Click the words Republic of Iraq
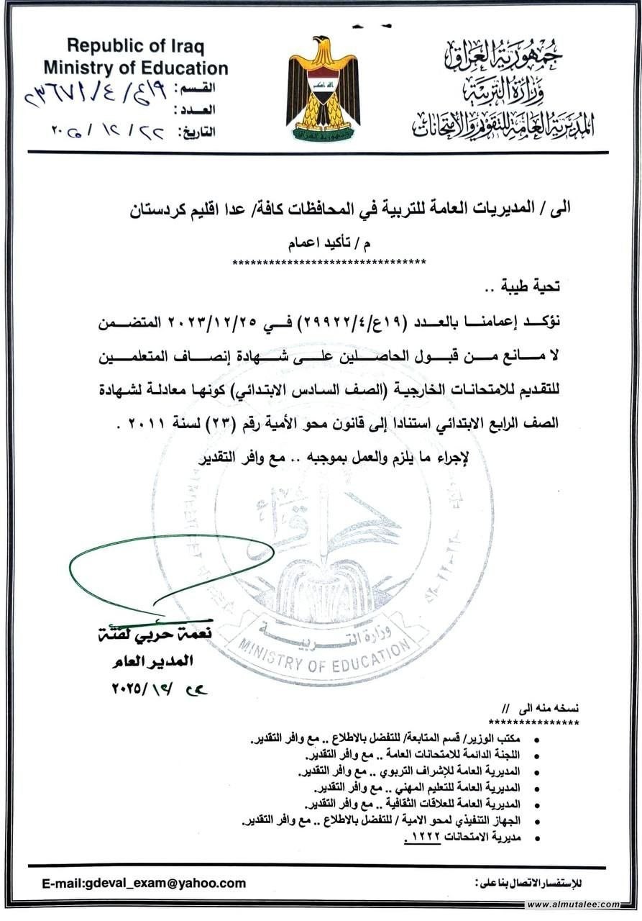135,47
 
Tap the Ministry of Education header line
135,68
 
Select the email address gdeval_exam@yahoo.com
144,883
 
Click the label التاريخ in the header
196,132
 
